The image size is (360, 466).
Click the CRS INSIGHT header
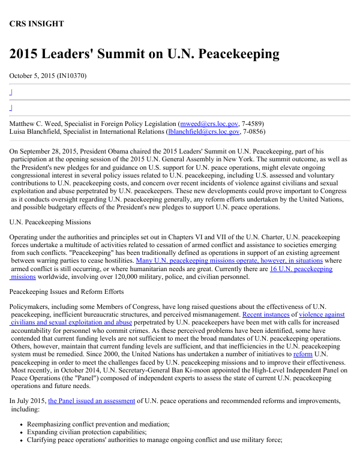(x=36, y=24)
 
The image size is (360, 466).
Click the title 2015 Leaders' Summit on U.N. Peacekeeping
(x=144, y=54)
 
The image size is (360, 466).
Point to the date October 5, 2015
(x=33, y=76)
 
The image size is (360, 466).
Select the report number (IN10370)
(x=73, y=76)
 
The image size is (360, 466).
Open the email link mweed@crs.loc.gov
(x=213, y=123)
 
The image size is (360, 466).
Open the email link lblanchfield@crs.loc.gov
(x=204, y=131)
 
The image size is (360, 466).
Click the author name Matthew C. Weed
(x=35, y=123)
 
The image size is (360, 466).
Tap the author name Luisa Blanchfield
(x=34, y=131)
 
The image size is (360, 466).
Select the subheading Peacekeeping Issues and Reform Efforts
(x=66, y=291)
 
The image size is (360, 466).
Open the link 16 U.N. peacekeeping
(x=301, y=269)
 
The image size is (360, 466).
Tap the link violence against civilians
(x=322, y=314)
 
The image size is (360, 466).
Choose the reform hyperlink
(x=302, y=354)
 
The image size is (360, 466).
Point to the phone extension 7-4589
(x=251, y=123)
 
